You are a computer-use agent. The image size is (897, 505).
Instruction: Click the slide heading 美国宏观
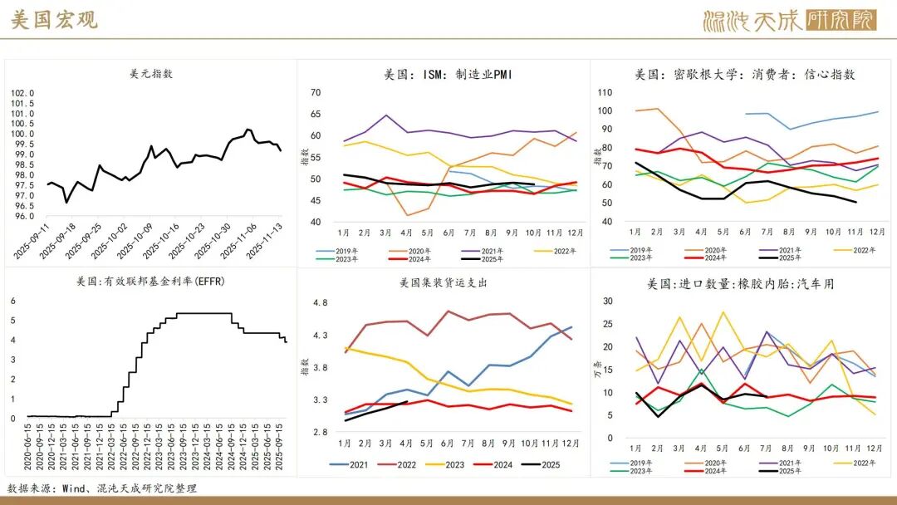click(x=55, y=21)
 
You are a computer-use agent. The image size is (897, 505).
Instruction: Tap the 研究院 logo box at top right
click(x=841, y=21)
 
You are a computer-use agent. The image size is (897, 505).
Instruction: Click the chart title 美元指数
click(x=151, y=74)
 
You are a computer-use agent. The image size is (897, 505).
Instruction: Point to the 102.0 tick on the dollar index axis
click(x=22, y=93)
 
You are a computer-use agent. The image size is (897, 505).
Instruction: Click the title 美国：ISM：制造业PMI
click(x=448, y=74)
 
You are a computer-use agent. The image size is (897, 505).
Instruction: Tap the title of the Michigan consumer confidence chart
click(x=744, y=74)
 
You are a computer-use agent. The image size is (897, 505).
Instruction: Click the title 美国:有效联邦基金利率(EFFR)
click(x=151, y=282)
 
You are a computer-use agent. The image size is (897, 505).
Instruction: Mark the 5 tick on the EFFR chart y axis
click(x=12, y=321)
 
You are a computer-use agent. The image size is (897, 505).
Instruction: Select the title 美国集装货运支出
click(x=443, y=283)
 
